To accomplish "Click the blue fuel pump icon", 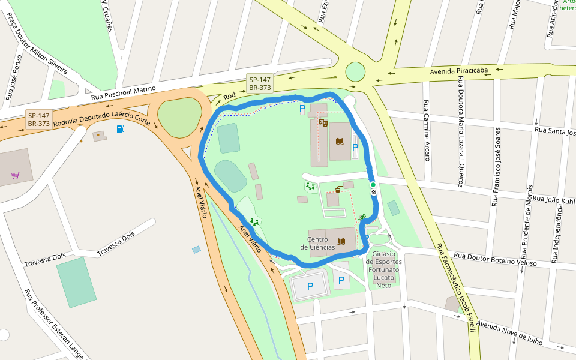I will click(121, 129).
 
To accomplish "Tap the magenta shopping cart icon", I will click(15, 175).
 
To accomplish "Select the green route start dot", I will click(373, 185).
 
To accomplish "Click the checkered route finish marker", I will click(374, 192).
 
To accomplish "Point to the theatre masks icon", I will click(323, 122).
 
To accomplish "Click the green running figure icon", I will click(362, 217).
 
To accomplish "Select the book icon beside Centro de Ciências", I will click(341, 242).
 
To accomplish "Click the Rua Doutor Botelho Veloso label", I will click(495, 259).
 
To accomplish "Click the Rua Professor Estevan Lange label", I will click(53, 324).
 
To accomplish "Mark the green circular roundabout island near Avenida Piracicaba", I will click(355, 72).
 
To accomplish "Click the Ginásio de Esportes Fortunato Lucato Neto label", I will click(383, 269).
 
